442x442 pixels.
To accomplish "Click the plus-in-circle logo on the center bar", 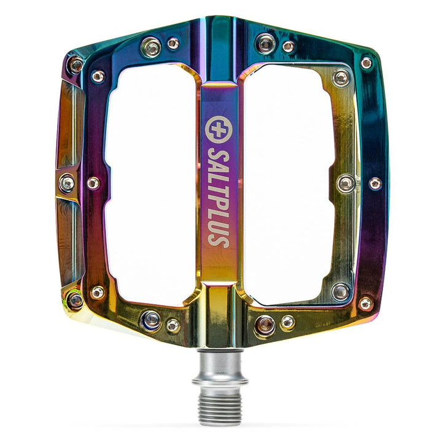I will [219, 127].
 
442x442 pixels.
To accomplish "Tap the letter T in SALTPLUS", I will [219, 183].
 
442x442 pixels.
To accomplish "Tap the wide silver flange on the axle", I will [220, 381].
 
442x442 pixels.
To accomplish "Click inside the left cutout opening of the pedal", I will [150, 184].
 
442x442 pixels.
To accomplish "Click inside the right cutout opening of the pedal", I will [292, 184].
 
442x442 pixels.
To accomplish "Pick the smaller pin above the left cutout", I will [173, 44].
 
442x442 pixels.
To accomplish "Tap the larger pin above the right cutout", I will [266, 42].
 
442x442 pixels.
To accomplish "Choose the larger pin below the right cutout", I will [265, 324].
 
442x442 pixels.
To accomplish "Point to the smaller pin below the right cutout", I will [287, 321].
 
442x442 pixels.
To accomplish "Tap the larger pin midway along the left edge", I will [68, 182].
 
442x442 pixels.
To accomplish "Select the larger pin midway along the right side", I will [346, 182].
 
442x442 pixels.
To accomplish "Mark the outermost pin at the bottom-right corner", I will [366, 303].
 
